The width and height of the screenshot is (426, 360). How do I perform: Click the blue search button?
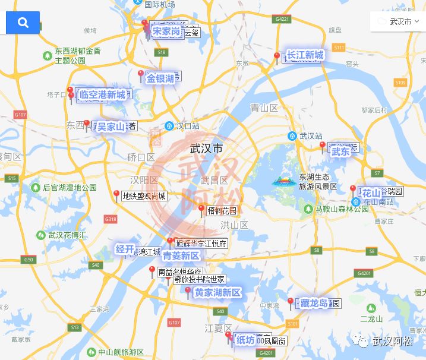pos(23,23)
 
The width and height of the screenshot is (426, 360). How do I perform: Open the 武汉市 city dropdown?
pos(397,22)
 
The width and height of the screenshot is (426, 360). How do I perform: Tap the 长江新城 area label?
pos(305,55)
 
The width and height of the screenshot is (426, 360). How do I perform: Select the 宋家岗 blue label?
pos(166,31)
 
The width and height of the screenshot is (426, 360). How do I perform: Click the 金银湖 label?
pos(160,78)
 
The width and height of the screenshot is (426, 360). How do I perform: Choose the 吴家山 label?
pos(111,126)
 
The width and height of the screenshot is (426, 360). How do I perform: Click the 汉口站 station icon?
pos(169,126)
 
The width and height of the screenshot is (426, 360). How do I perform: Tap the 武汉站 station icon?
pos(292,136)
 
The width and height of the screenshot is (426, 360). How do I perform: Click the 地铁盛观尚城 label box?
pos(144,196)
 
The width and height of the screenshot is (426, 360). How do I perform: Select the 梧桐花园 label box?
pos(222,211)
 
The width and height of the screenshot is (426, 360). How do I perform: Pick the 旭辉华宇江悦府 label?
pos(201,244)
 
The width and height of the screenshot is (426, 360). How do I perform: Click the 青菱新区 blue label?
pos(181,256)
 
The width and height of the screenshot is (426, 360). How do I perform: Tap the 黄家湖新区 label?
pos(217,292)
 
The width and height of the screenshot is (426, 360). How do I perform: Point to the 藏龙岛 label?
pos(314,303)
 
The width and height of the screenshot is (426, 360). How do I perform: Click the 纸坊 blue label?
pos(245,339)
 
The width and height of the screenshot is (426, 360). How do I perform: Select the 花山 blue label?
pos(371,193)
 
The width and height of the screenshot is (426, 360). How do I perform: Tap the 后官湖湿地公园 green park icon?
pos(35,187)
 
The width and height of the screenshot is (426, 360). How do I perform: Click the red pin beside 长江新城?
pos(277,58)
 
